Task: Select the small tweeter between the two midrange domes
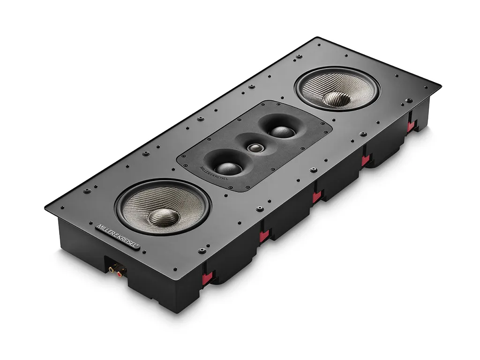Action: (x=255, y=148)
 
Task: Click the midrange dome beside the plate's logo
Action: (x=228, y=167)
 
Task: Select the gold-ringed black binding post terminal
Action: (x=113, y=268)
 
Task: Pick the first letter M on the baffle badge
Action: (x=98, y=227)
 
